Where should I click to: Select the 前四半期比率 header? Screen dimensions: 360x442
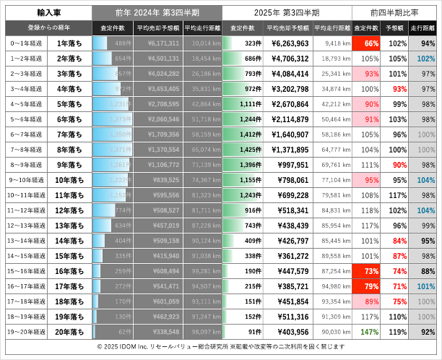click(x=395, y=13)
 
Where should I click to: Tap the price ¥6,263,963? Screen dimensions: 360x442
click(x=288, y=43)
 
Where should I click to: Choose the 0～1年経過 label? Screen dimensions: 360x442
click(x=26, y=43)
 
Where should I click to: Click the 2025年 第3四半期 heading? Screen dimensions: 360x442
click(x=287, y=13)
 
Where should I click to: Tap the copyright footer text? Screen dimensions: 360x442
click(x=221, y=348)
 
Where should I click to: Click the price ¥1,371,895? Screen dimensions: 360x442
click(x=290, y=150)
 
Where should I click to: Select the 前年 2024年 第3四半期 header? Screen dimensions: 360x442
click(x=157, y=13)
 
